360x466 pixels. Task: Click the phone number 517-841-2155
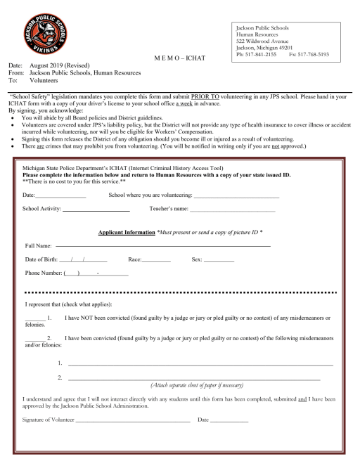point(260,53)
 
